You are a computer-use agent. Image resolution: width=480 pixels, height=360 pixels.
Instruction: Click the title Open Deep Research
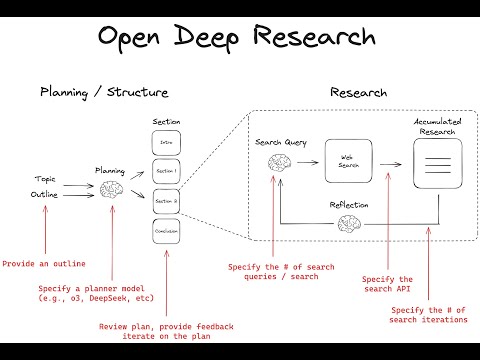(x=237, y=37)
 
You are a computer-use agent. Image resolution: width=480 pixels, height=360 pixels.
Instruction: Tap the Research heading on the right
(x=358, y=93)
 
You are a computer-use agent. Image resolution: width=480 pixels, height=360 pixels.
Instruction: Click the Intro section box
(x=167, y=143)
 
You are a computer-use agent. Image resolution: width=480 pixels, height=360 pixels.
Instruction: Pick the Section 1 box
(x=167, y=172)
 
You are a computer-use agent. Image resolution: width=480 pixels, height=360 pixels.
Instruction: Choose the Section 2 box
(x=167, y=201)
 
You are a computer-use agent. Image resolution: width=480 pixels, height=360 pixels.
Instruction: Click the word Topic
(x=45, y=179)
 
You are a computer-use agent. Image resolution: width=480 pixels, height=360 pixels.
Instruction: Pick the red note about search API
(x=387, y=285)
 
